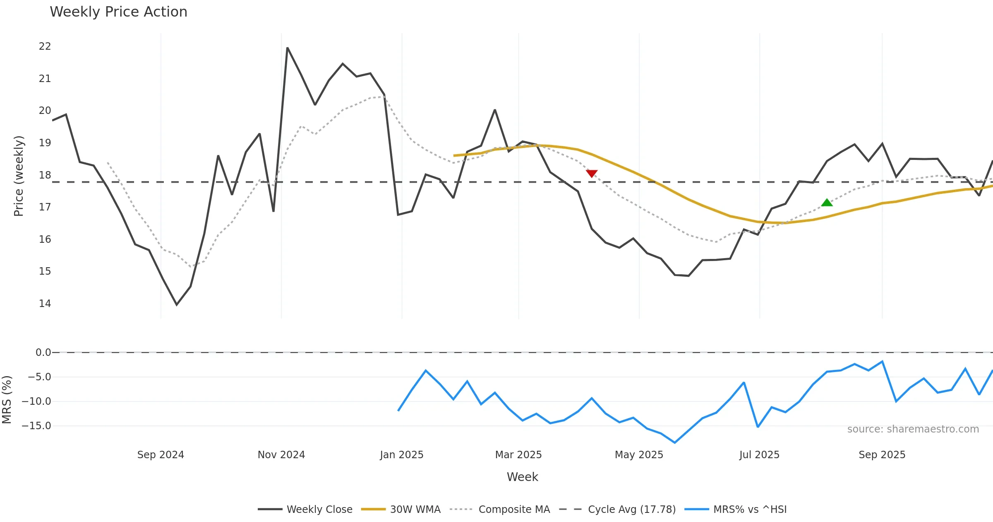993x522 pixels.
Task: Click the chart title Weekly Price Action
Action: click(118, 12)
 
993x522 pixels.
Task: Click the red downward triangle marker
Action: click(592, 173)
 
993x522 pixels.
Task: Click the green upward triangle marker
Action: click(827, 203)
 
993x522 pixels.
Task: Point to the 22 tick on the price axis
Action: click(45, 46)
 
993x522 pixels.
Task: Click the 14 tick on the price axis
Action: click(45, 304)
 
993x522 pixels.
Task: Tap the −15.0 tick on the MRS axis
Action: click(39, 426)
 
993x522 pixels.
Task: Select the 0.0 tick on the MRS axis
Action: click(43, 353)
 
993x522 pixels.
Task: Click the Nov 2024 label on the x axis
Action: click(281, 455)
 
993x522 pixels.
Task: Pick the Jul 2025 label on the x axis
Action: click(759, 455)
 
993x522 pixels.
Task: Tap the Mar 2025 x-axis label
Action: click(518, 455)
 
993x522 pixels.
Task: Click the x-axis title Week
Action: click(523, 477)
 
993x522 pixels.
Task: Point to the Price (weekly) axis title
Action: click(19, 176)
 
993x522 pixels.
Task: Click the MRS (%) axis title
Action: click(7, 400)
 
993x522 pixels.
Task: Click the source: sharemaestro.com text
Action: click(913, 429)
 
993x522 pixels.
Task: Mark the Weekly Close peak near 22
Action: click(287, 48)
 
